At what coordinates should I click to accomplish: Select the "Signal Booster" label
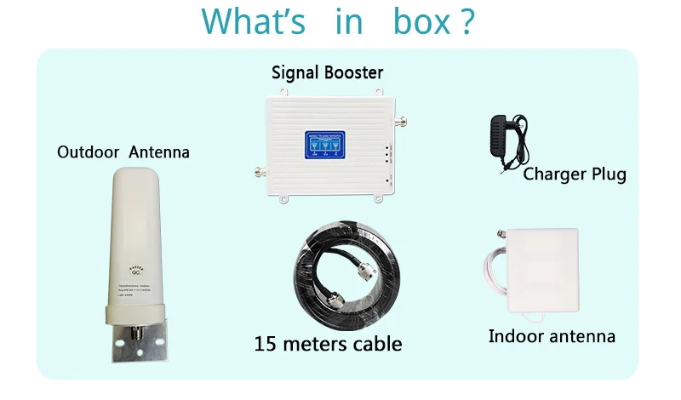click(328, 72)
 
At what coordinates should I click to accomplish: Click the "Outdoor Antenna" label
click(123, 153)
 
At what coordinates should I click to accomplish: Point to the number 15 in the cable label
click(266, 344)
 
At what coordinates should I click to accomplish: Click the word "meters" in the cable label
click(318, 344)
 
